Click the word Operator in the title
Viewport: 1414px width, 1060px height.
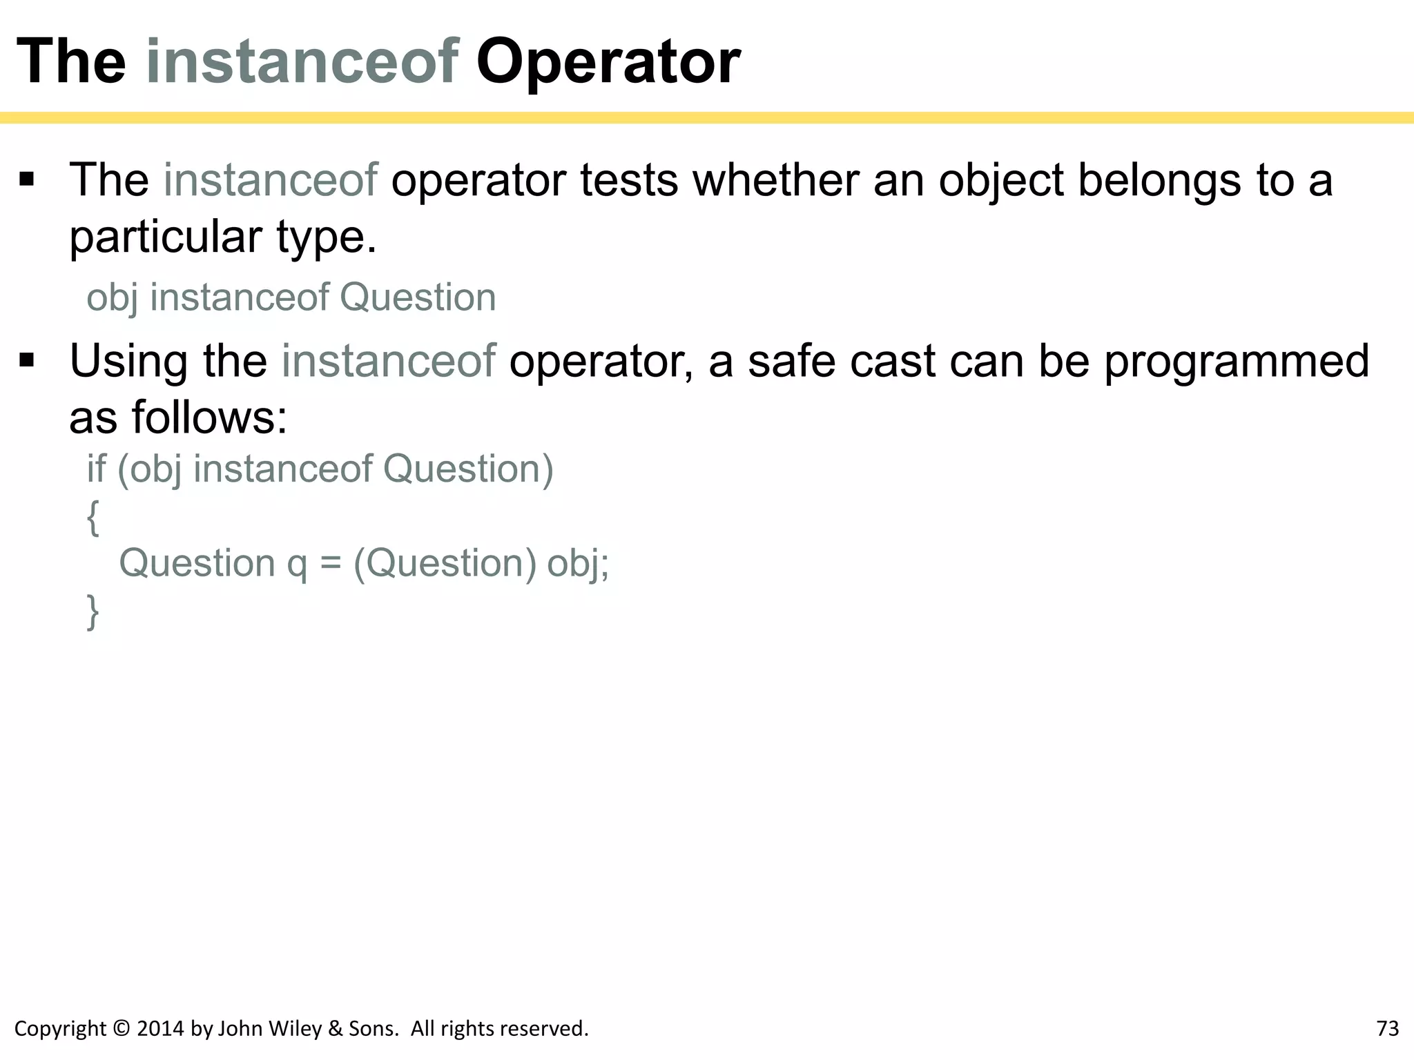click(608, 62)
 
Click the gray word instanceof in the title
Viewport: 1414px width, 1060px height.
click(302, 62)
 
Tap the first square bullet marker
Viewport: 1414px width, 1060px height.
click(27, 181)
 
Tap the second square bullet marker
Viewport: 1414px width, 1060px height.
click(27, 361)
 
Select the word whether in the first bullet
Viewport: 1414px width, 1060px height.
click(776, 180)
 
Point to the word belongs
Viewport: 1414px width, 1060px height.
click(1159, 180)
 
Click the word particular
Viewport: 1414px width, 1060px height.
click(166, 237)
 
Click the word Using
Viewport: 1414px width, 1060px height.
click(128, 361)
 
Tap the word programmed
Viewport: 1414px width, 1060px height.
click(1236, 362)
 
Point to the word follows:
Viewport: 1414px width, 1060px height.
click(209, 418)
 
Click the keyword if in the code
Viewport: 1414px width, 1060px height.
click(96, 469)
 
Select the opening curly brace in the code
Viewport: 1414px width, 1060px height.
click(93, 517)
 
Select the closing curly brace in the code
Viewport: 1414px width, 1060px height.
click(93, 611)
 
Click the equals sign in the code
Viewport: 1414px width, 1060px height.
click(331, 564)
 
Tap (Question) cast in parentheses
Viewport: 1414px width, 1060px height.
click(445, 564)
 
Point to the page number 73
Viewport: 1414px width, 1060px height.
click(1387, 1028)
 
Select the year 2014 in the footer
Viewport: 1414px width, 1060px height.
click(160, 1028)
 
